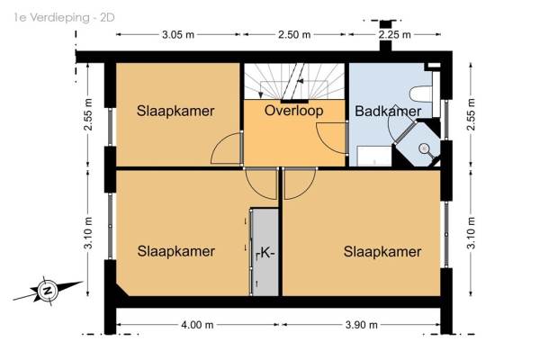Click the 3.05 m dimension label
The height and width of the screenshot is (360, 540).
(178, 35)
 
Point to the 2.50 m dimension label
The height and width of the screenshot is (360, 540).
(294, 35)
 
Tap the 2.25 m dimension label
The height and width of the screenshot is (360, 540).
(395, 35)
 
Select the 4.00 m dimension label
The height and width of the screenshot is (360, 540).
(197, 325)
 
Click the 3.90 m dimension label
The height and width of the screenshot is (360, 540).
(361, 325)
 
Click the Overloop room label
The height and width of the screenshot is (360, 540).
(293, 111)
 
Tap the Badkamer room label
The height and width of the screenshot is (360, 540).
(388, 112)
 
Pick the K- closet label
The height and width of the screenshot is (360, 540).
(265, 253)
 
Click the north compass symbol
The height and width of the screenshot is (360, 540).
(48, 291)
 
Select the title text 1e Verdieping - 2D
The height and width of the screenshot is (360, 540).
(65, 18)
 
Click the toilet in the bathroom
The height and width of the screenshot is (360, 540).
(421, 94)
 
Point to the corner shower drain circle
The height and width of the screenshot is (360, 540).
(423, 148)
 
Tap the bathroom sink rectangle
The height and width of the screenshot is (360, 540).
(374, 156)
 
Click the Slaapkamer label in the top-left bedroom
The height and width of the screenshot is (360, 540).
(175, 111)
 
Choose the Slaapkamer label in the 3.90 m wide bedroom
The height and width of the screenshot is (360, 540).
(382, 252)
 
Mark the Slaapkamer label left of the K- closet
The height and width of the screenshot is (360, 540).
(176, 251)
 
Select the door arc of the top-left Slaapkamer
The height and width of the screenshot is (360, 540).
(220, 142)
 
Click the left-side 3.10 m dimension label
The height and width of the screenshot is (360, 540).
(88, 233)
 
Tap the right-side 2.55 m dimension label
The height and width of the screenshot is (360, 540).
(471, 114)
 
